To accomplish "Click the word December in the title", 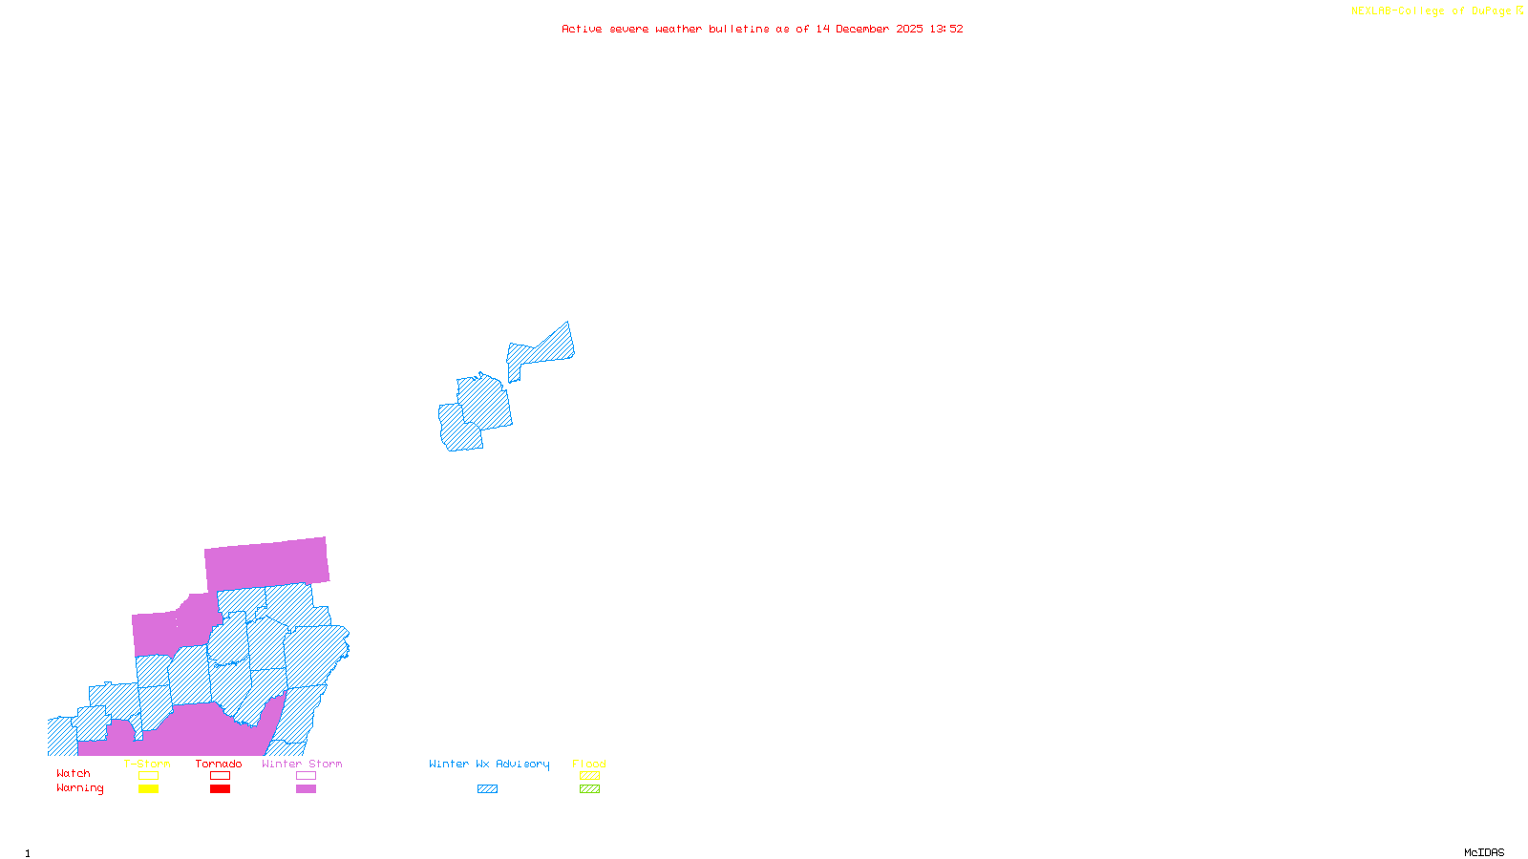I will [862, 29].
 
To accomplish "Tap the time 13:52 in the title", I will [946, 29].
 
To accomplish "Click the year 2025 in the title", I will [909, 29].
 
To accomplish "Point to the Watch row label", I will [74, 774].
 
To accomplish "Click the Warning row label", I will [80, 788].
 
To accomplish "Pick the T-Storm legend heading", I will [147, 764].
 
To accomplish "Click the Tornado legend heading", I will [219, 764].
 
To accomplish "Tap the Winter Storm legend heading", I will [302, 764].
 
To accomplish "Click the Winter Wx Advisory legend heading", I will [489, 764].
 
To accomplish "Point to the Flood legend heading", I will [589, 764].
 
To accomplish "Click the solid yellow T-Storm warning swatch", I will [148, 789].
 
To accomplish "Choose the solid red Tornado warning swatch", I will [220, 789].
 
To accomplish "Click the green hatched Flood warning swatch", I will [590, 789].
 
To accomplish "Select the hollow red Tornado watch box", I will [220, 776].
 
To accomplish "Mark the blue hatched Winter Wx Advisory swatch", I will [487, 789].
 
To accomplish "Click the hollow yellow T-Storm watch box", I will [148, 776].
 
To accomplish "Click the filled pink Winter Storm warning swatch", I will [306, 789].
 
